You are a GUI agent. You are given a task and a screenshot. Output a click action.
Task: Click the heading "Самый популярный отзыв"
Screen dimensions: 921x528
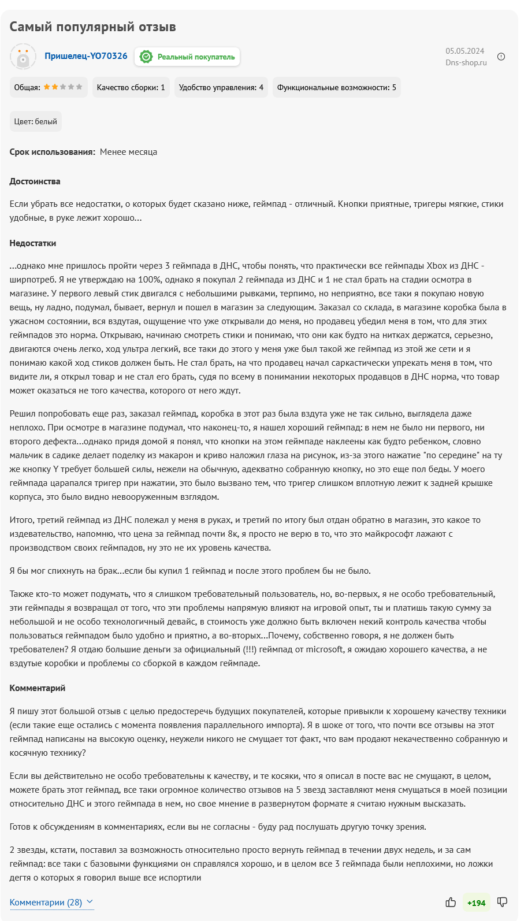click(x=92, y=27)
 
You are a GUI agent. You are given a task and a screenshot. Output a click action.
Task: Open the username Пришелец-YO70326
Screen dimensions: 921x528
click(x=85, y=56)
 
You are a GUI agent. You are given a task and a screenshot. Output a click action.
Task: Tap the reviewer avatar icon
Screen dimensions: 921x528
click(x=23, y=57)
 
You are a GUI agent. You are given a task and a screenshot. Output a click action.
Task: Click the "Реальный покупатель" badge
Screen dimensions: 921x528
click(x=187, y=57)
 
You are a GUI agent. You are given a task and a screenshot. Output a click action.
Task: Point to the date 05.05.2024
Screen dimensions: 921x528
click(x=464, y=51)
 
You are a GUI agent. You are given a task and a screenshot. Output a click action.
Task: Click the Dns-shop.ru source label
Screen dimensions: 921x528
click(x=466, y=62)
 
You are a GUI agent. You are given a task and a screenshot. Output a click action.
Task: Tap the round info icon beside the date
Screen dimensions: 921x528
click(x=501, y=57)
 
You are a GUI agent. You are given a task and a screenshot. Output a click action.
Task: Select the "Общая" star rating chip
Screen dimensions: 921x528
click(x=49, y=87)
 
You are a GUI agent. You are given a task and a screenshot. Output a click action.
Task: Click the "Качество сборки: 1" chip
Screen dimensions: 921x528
click(x=131, y=87)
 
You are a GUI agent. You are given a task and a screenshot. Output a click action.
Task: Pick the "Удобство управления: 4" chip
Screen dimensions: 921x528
click(x=221, y=87)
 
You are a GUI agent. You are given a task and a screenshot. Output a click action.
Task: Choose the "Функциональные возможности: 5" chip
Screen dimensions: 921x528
click(x=336, y=87)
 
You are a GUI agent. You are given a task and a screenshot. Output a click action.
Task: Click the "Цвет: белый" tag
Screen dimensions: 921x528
click(x=36, y=121)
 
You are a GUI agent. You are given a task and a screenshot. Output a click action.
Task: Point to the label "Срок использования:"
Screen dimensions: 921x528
click(x=52, y=152)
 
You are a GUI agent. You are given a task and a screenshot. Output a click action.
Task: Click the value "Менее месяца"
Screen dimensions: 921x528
click(x=128, y=152)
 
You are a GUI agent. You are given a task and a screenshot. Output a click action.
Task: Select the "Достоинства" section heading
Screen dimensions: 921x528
click(x=35, y=181)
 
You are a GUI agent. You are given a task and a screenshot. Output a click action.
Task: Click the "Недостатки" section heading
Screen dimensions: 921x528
click(x=32, y=243)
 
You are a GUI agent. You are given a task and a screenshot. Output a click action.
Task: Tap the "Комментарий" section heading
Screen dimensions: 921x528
click(x=37, y=688)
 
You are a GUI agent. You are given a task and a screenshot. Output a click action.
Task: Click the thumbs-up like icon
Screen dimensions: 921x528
click(x=451, y=903)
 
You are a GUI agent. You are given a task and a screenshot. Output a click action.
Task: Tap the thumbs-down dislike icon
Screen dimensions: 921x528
click(x=502, y=903)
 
